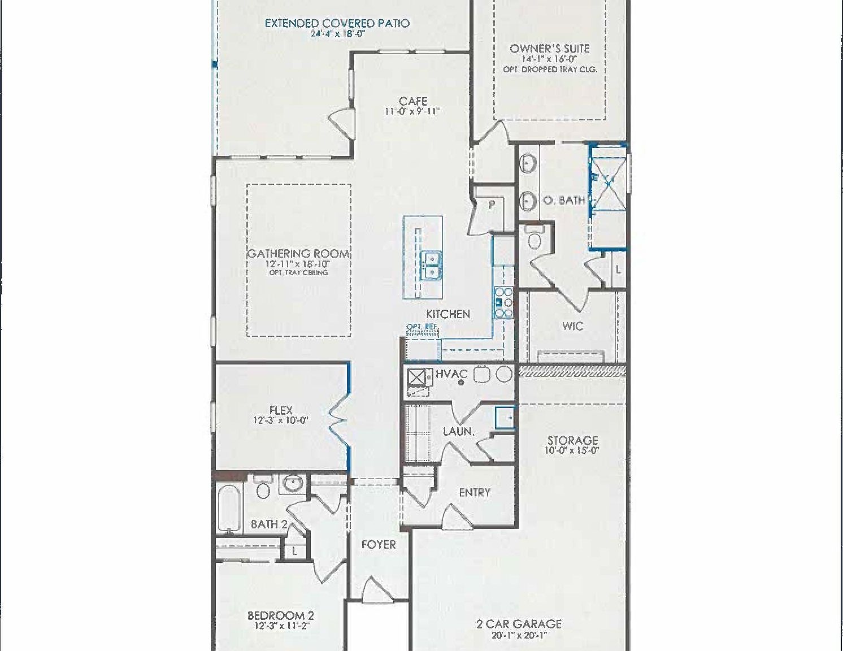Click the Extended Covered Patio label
point(337,23)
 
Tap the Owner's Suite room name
point(550,49)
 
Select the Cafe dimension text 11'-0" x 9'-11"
point(412,112)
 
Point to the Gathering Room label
point(298,254)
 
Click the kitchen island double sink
point(433,266)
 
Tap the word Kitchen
point(448,314)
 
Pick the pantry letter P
point(492,205)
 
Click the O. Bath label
point(563,199)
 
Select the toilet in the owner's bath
point(533,238)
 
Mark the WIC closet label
point(572,326)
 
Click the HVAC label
point(451,374)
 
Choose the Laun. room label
point(458,431)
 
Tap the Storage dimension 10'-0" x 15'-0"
point(572,450)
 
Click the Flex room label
point(281,411)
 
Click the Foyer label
point(379,545)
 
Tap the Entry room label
point(475,493)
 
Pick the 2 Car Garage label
point(519,624)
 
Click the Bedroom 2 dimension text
point(281,626)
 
